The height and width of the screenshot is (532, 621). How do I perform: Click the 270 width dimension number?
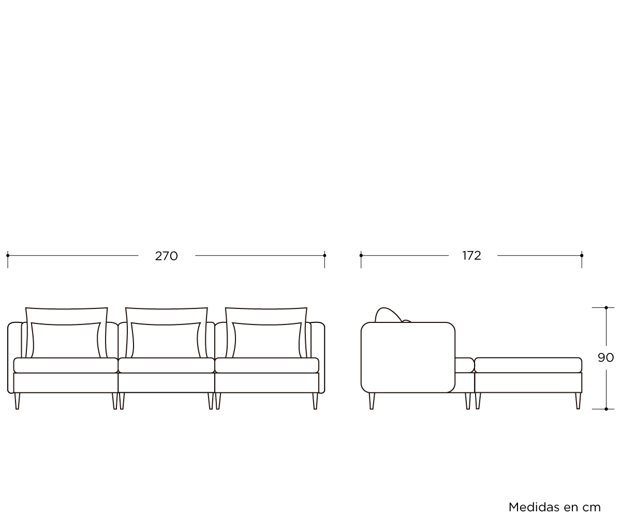click(167, 256)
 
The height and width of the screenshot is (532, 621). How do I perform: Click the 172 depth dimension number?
click(471, 256)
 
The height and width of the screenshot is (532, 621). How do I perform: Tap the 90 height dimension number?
click(605, 358)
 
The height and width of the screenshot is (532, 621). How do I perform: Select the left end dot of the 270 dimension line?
click(8, 256)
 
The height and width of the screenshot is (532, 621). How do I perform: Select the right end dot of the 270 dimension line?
click(324, 256)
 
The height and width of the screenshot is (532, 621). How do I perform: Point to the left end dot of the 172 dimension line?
click(361, 256)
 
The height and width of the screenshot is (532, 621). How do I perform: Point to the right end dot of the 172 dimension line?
click(582, 256)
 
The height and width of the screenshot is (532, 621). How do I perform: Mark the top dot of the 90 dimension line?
click(607, 307)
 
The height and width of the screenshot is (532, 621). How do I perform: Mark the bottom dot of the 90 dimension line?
click(607, 409)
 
